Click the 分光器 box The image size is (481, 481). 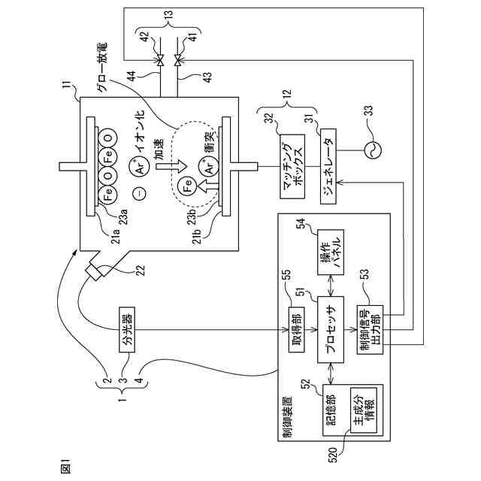point(127,329)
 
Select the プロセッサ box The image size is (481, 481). point(331,329)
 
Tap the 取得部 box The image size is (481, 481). point(297,329)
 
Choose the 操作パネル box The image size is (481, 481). point(331,252)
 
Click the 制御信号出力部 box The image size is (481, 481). point(370,330)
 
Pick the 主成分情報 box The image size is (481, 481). point(364,410)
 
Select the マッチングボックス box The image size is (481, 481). point(292,166)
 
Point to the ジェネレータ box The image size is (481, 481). point(328,166)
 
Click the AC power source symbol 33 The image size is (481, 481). point(373,150)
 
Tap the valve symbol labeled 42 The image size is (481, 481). point(160,60)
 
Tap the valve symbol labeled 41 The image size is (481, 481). point(177,60)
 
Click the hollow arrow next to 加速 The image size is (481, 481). point(171,166)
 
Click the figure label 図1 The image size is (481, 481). point(66,467)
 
